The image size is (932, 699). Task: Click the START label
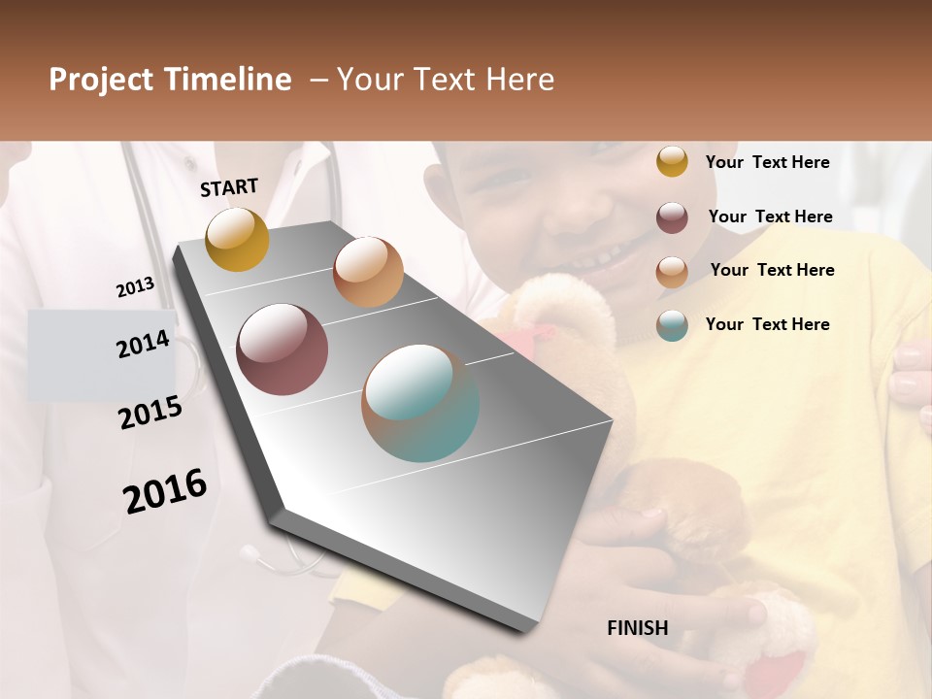[229, 187]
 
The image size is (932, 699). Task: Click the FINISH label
[638, 628]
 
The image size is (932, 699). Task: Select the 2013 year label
[136, 287]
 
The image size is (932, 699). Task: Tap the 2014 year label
[143, 345]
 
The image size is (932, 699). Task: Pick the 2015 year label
[150, 413]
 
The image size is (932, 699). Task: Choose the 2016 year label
[165, 491]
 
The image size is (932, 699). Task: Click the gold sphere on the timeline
[237, 239]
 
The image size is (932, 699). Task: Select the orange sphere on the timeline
[368, 272]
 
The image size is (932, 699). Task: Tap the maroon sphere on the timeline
[282, 349]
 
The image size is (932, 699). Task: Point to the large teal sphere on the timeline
[420, 403]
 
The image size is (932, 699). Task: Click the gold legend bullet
[672, 162]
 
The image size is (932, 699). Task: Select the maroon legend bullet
[672, 217]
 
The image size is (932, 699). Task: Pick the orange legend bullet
[672, 272]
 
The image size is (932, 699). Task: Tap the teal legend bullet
[672, 325]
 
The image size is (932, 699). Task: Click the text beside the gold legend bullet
[768, 162]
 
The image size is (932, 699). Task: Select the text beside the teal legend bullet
[768, 324]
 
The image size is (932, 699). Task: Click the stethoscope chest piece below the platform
[251, 554]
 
